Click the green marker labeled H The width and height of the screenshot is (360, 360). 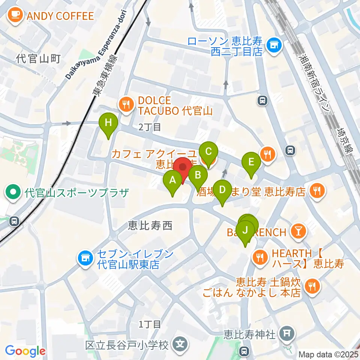click(x=108, y=122)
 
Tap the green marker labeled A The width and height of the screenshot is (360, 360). click(x=172, y=180)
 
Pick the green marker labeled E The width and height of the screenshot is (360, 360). click(x=251, y=162)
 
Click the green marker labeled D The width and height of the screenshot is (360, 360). click(x=222, y=190)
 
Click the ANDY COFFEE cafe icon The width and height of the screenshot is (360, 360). click(x=15, y=15)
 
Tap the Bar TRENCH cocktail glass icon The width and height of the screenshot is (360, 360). click(x=298, y=231)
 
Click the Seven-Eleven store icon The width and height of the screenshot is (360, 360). click(x=85, y=258)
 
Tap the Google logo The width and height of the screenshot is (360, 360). click(x=25, y=351)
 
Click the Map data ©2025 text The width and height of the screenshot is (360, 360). click(x=328, y=354)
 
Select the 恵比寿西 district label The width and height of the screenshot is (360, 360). click(x=150, y=225)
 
